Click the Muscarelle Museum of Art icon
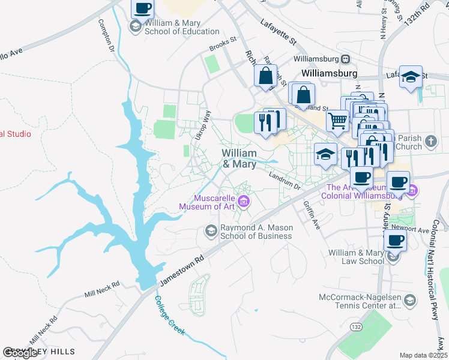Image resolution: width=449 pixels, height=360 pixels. click(244, 202)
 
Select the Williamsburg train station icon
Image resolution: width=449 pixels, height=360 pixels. click(346, 59)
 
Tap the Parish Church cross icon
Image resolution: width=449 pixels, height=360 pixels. click(430, 142)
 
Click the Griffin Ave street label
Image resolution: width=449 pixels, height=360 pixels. click(312, 215)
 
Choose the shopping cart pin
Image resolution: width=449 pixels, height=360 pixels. click(338, 121)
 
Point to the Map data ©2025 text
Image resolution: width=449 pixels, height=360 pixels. click(423, 355)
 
